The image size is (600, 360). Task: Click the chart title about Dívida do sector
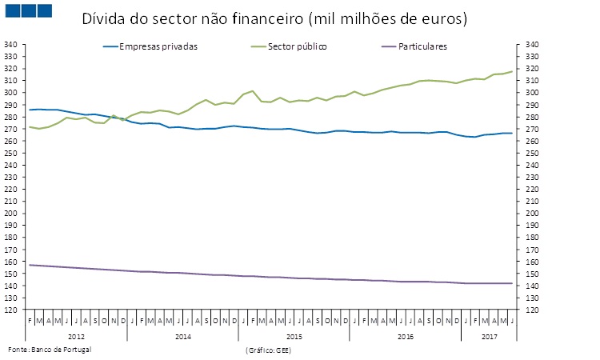click(x=274, y=18)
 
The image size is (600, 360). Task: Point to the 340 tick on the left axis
click(x=12, y=45)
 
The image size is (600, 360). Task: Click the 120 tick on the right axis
click(x=531, y=310)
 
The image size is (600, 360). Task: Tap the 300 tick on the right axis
click(x=531, y=93)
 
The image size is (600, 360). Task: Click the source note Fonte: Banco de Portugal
click(x=50, y=350)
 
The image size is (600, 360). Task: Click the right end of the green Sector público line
click(x=512, y=71)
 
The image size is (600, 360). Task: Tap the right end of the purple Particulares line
click(x=512, y=283)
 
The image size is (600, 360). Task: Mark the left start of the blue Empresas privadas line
click(x=30, y=110)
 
